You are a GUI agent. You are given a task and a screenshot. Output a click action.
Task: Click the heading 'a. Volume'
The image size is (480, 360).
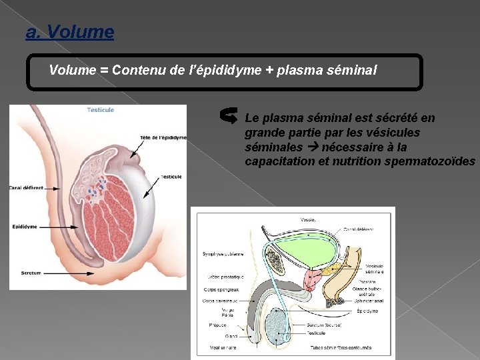(69, 31)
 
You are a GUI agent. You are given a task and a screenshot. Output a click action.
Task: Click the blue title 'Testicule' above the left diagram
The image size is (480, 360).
(100, 109)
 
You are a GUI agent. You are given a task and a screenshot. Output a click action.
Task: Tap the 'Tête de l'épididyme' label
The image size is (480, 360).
(163, 137)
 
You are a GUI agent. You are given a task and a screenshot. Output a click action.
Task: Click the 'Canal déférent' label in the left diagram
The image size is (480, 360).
(26, 187)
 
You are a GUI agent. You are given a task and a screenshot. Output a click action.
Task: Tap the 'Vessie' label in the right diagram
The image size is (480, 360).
(308, 218)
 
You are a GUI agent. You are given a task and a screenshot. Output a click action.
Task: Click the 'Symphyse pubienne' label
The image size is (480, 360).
(223, 253)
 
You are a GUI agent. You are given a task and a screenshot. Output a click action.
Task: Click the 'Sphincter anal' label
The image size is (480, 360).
(371, 300)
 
